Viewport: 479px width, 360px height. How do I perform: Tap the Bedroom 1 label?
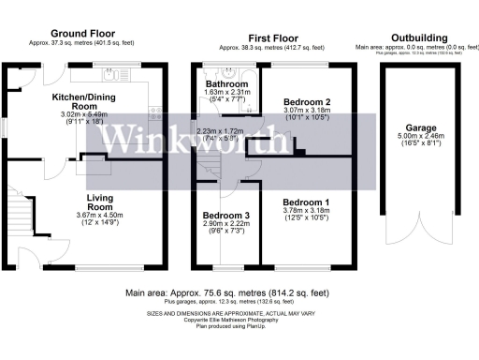306,202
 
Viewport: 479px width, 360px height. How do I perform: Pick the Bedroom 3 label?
225,215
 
